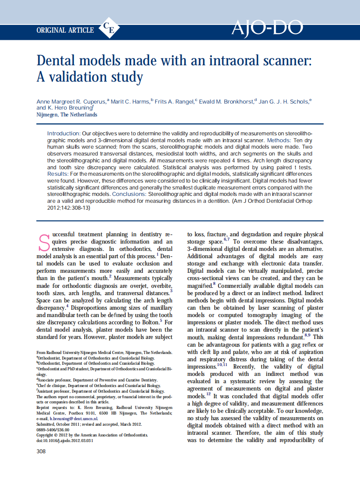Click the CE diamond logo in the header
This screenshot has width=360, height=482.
[x=109, y=29]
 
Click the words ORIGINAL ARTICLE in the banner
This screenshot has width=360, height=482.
[x=65, y=30]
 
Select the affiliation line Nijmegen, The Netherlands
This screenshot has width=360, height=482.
[x=67, y=115]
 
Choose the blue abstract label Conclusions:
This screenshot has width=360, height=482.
[x=129, y=194]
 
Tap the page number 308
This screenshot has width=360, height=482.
[x=41, y=451]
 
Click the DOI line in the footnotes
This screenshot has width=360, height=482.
[x=64, y=441]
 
